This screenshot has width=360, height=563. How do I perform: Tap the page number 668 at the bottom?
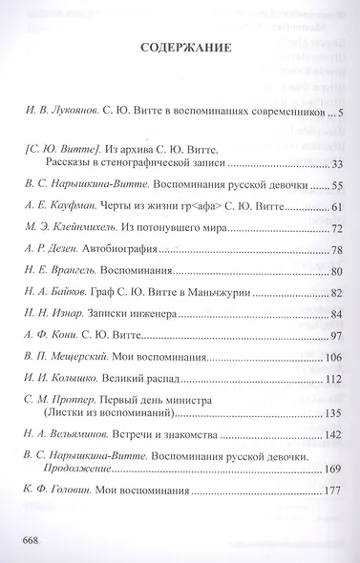tap(29, 538)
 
